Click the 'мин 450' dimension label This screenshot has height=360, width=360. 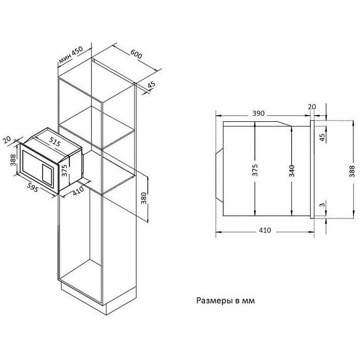[70, 57]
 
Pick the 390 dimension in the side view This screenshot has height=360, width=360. [258, 114]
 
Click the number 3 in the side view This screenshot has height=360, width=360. [322, 205]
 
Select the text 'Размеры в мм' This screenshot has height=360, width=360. [226, 300]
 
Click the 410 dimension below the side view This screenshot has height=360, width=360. [264, 231]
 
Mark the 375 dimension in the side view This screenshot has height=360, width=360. [255, 170]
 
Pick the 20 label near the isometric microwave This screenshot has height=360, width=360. [8, 141]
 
